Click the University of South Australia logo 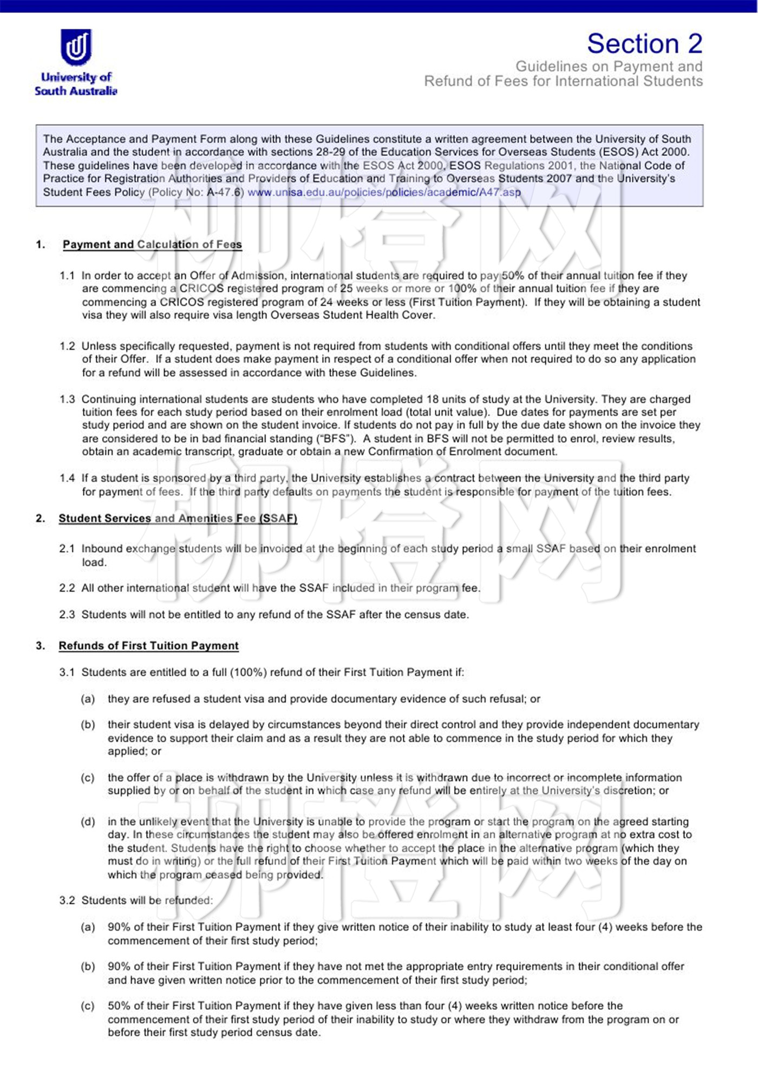(x=76, y=62)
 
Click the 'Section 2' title (x=644, y=43)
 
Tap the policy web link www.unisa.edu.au (x=384, y=192)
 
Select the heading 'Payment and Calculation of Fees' (x=152, y=244)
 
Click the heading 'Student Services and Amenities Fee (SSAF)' (x=178, y=518)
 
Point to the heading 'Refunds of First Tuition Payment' (x=148, y=645)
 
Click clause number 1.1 (x=67, y=276)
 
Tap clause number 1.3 (x=67, y=399)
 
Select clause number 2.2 (x=67, y=588)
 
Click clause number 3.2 (x=67, y=900)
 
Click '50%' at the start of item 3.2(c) (x=119, y=1005)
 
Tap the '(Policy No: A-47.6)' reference (x=196, y=192)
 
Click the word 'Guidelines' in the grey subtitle (x=551, y=66)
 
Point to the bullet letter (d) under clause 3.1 (x=88, y=821)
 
